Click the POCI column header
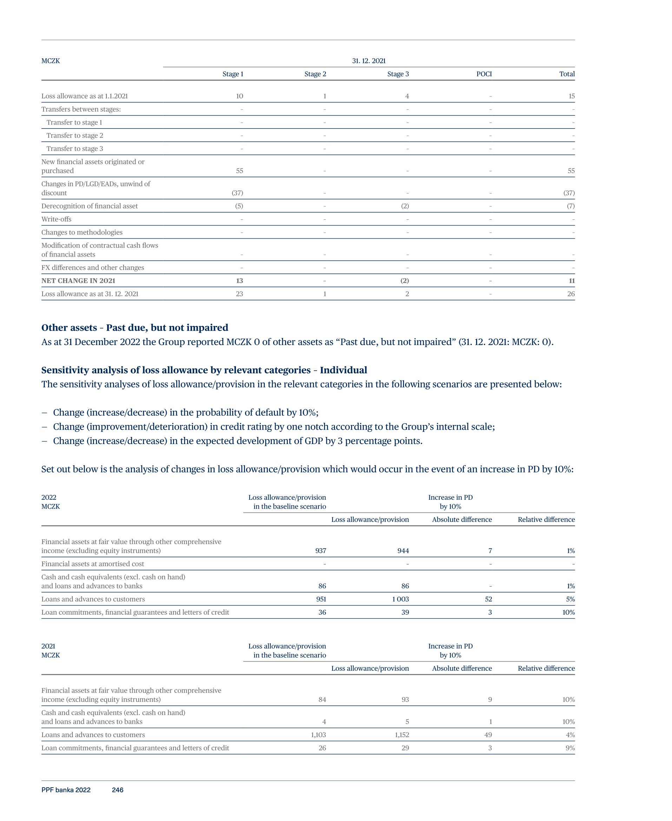click(x=484, y=74)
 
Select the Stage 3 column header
click(x=397, y=74)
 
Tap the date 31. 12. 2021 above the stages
click(x=369, y=61)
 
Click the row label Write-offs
click(x=57, y=219)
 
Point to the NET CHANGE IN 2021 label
click(x=78, y=280)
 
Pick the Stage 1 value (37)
click(x=237, y=193)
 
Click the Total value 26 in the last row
click(x=571, y=294)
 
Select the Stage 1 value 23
click(x=239, y=294)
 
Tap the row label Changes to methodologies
click(x=82, y=232)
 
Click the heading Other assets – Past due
click(x=135, y=328)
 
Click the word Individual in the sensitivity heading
click(x=343, y=370)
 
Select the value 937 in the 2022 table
click(x=321, y=551)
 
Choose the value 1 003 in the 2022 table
click(x=400, y=599)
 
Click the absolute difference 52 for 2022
click(x=488, y=599)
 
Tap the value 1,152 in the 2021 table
click(x=402, y=735)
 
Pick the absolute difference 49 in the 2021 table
click(x=488, y=735)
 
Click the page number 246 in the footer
click(x=117, y=790)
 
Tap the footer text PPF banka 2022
click(x=66, y=790)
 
